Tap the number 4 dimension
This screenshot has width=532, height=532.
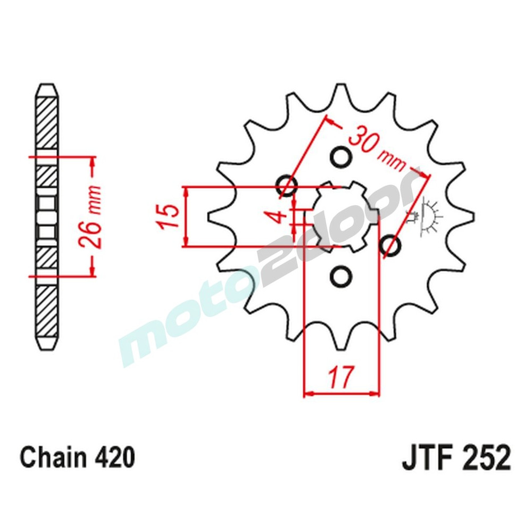point(282,217)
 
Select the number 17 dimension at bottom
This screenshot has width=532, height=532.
point(340,378)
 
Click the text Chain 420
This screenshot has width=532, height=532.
point(77,458)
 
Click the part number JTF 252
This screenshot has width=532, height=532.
point(456,458)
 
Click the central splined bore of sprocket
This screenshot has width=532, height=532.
point(340,217)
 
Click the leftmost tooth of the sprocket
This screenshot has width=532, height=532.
point(213,217)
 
